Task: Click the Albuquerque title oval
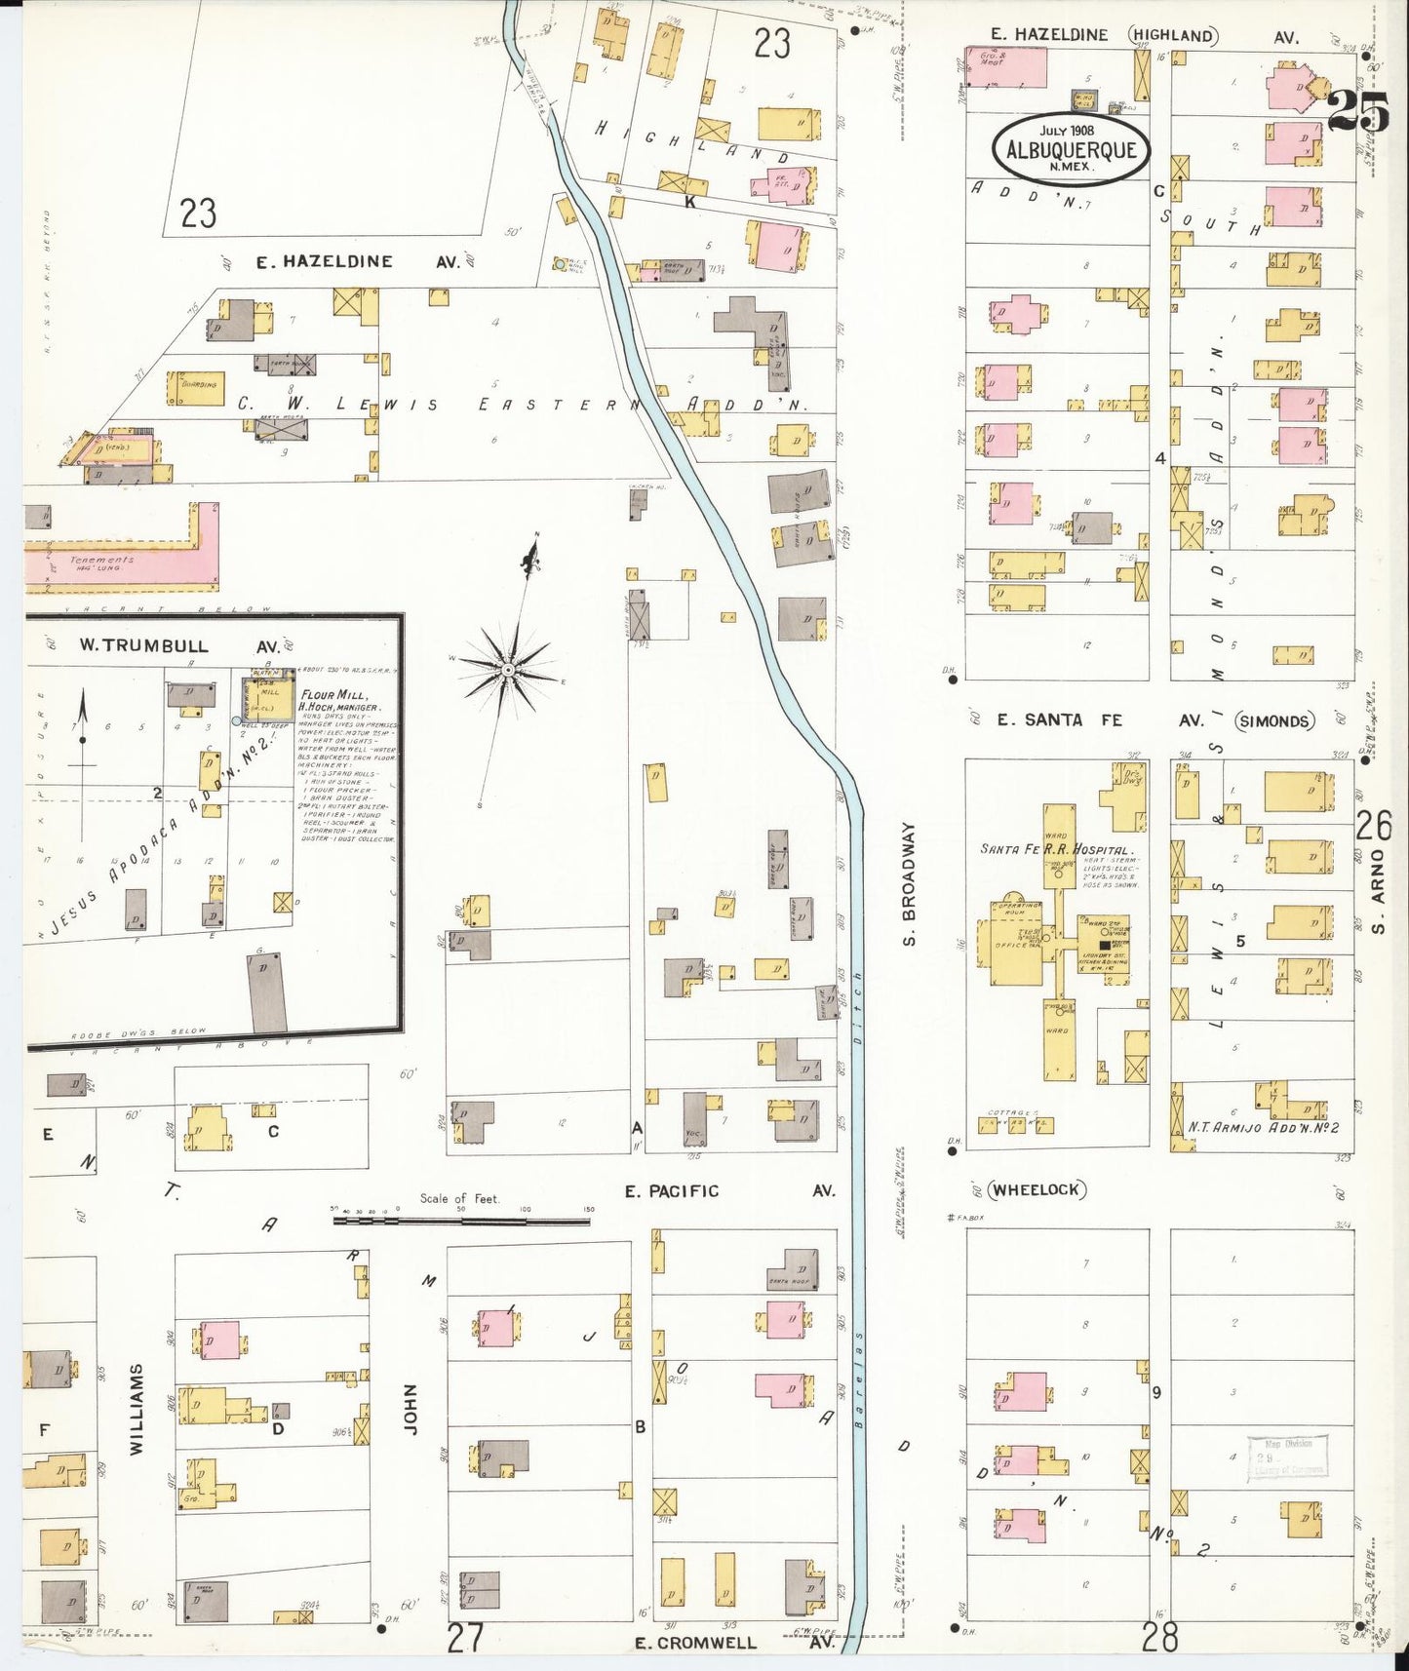point(1071,148)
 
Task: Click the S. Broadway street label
point(909,884)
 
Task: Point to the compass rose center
point(507,669)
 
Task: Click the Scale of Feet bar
point(461,1220)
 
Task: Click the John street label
point(410,1408)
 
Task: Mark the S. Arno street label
point(1378,889)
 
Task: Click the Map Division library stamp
point(1287,1458)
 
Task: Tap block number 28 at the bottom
point(1159,1637)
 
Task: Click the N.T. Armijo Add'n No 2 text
point(1263,1127)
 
